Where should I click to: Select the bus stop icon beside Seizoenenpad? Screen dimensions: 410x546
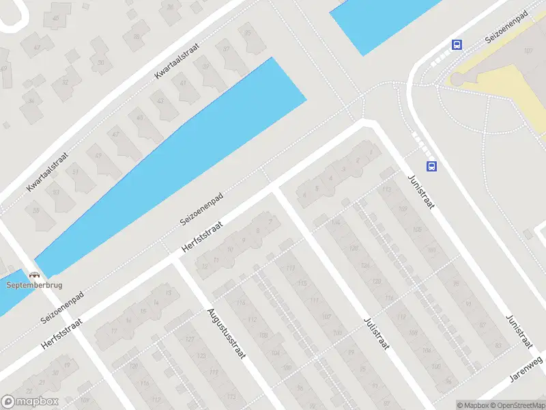pyautogui.click(x=457, y=45)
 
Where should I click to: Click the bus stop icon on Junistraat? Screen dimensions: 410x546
pyautogui.click(x=431, y=166)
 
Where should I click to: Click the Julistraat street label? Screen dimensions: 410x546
pyautogui.click(x=376, y=333)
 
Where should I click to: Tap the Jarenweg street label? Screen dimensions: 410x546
pyautogui.click(x=526, y=369)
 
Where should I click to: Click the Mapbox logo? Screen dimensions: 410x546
pyautogui.click(x=30, y=402)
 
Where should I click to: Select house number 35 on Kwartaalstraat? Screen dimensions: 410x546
pyautogui.click(x=247, y=33)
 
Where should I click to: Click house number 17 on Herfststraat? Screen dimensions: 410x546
pyautogui.click(x=115, y=331)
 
